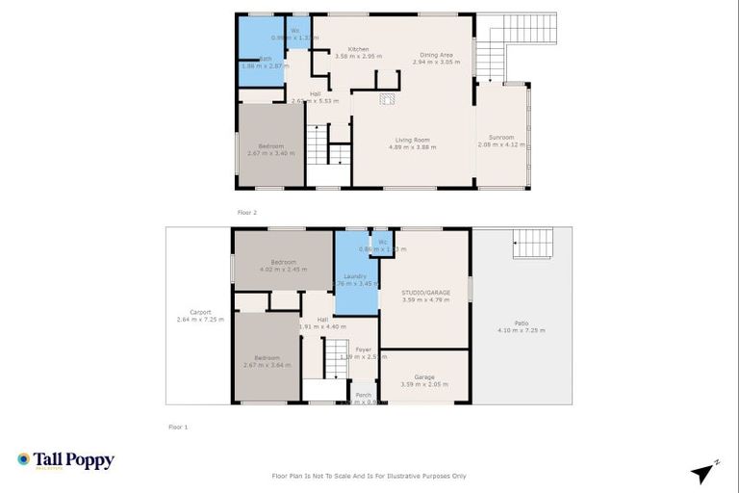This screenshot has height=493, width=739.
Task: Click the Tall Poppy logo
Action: point(65,460)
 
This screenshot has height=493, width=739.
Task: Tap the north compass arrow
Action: point(703,473)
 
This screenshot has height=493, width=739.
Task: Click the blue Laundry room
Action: point(354,279)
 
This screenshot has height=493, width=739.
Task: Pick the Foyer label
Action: point(363,350)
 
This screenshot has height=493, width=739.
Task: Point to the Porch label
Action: point(363,395)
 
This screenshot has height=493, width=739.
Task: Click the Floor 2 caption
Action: point(247,212)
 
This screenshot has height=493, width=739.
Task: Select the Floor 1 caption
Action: point(178,426)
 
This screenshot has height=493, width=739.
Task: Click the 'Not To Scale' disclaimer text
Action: point(369,476)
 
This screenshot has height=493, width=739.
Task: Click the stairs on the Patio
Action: point(533,244)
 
